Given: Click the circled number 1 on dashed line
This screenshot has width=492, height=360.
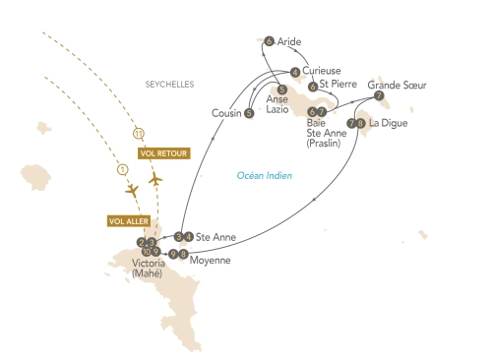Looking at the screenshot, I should (123, 169).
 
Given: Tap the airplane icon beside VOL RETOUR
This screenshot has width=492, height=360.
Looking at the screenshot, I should (154, 181).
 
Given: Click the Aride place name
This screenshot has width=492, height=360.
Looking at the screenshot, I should (289, 41).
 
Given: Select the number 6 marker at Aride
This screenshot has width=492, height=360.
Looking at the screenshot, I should (269, 41).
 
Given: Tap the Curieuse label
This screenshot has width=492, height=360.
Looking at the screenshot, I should (322, 72).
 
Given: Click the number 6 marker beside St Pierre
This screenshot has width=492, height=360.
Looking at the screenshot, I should (312, 87).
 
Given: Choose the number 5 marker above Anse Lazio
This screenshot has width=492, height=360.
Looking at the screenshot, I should (282, 90).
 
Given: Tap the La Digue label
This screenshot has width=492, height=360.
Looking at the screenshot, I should (388, 123).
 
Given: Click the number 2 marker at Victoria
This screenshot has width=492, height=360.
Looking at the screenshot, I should (142, 241).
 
